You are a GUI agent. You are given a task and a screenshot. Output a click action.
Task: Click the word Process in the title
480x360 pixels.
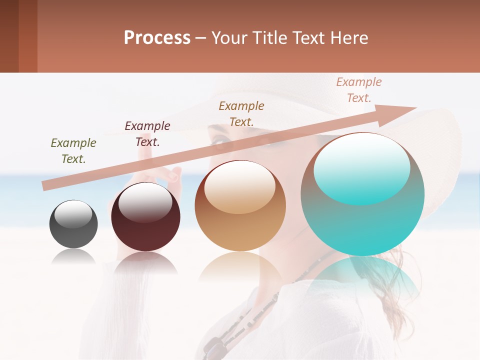pos(157,38)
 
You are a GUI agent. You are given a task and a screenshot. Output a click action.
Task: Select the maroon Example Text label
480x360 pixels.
pos(147,134)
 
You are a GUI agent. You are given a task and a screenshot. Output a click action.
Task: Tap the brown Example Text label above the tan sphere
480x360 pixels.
pos(241,113)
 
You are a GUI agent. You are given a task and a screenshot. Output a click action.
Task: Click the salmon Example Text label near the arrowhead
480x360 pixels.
pos(359,90)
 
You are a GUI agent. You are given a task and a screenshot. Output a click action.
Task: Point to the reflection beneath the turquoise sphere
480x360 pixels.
pos(362,277)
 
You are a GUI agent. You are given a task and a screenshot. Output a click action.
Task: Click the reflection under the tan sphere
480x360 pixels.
pos(240,270)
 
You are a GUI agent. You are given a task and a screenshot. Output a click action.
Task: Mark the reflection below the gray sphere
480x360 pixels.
pos(73,257)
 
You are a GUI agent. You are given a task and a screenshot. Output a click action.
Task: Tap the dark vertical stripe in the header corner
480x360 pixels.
pos(9,36)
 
